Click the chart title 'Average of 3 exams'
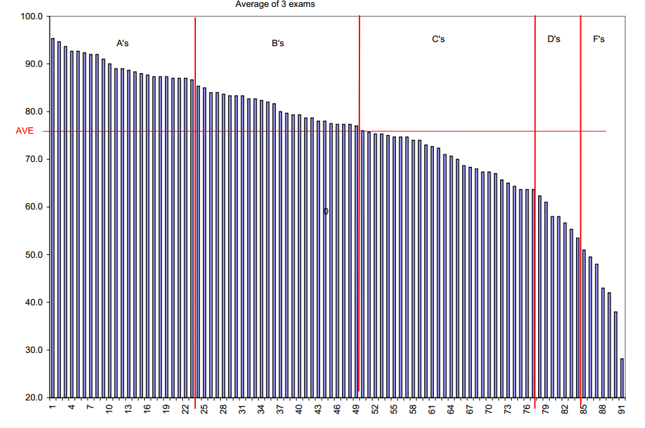(x=275, y=4)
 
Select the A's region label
(x=123, y=43)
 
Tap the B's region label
(x=278, y=43)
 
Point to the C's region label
(x=438, y=39)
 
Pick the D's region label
(x=554, y=39)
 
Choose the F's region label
(x=599, y=39)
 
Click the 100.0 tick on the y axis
(x=33, y=17)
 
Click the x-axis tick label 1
(x=52, y=409)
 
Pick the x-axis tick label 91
(x=622, y=410)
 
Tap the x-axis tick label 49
(x=356, y=410)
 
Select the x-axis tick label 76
(x=527, y=410)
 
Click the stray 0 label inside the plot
(x=326, y=212)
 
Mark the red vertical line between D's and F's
(x=581, y=207)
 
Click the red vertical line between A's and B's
(x=195, y=207)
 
